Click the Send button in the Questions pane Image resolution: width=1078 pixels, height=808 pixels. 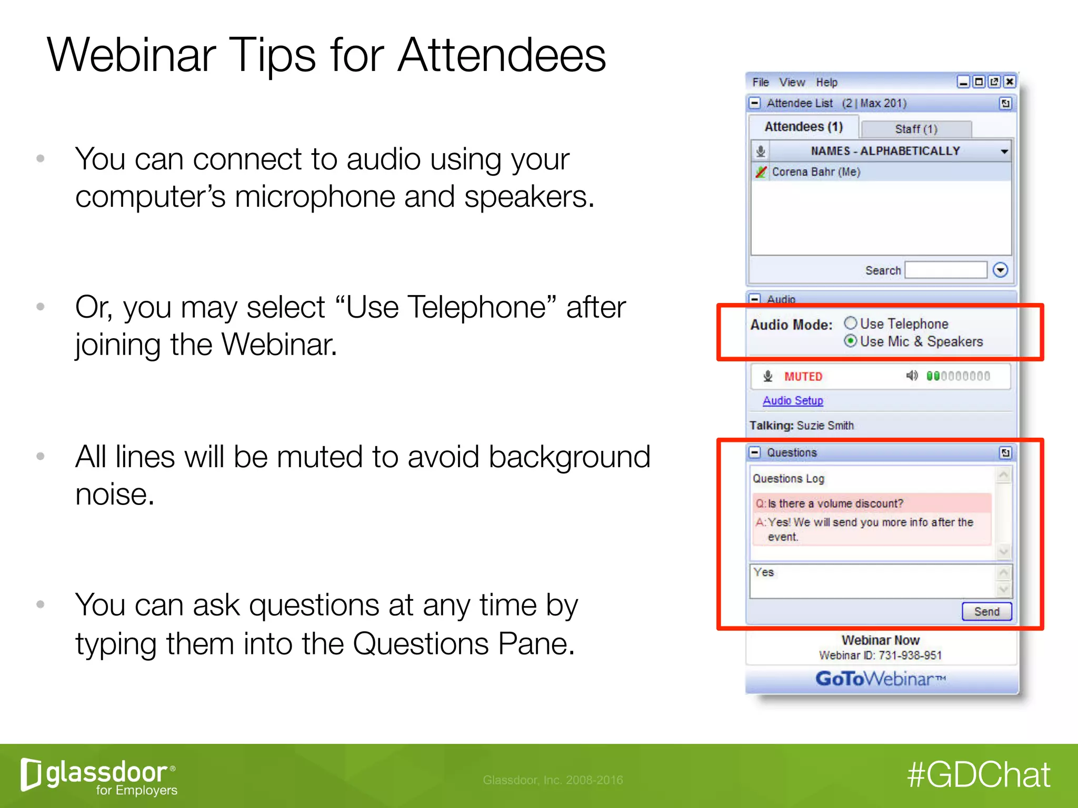point(986,611)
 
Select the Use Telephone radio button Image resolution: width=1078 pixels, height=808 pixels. point(850,323)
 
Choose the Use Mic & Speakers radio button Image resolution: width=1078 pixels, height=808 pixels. point(850,341)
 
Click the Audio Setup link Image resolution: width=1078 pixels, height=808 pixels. point(793,400)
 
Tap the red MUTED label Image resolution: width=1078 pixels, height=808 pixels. point(803,377)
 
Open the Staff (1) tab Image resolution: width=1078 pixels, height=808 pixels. point(916,129)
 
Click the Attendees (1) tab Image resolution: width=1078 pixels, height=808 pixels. point(803,127)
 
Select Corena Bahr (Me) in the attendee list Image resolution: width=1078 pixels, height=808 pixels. point(816,172)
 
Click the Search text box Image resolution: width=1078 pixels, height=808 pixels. point(946,270)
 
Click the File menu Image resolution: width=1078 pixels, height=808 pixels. point(760,82)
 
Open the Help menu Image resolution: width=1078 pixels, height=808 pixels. point(826,82)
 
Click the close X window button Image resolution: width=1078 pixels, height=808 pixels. point(1009,82)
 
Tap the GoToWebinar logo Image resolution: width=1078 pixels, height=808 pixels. point(881,679)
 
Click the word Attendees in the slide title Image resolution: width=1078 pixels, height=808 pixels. point(501,56)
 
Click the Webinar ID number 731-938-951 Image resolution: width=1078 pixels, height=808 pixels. point(910,655)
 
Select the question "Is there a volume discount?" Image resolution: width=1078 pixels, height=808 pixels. point(835,503)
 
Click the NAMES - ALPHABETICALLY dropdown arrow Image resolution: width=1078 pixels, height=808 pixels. point(1004,151)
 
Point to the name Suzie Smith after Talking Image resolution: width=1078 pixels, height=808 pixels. point(825,426)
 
